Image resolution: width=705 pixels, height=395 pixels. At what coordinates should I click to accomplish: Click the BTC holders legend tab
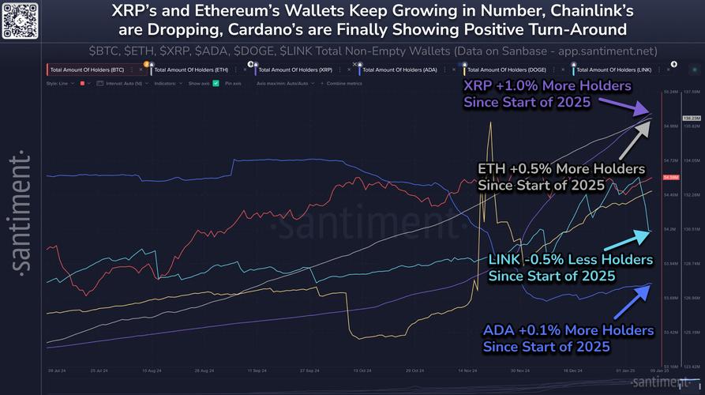point(95,70)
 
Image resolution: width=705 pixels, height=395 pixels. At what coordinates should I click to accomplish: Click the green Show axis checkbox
point(216,82)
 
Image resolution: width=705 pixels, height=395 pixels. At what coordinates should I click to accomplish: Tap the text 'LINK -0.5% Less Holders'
point(571,259)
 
